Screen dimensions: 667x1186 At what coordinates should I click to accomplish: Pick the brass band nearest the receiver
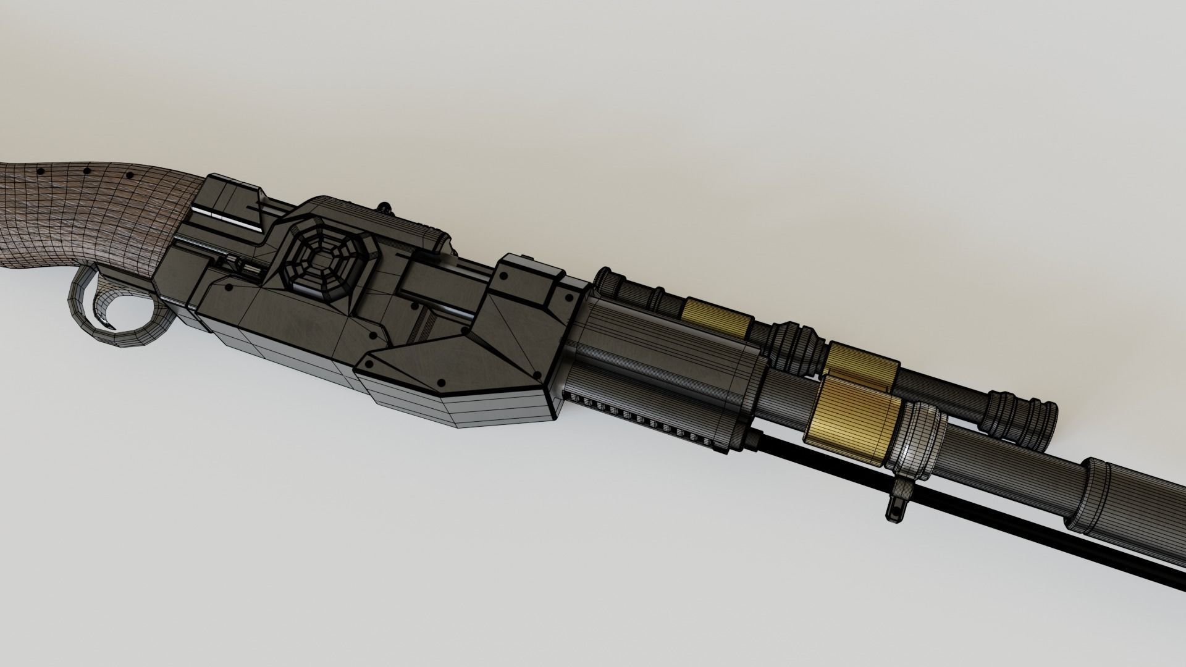click(x=717, y=316)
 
